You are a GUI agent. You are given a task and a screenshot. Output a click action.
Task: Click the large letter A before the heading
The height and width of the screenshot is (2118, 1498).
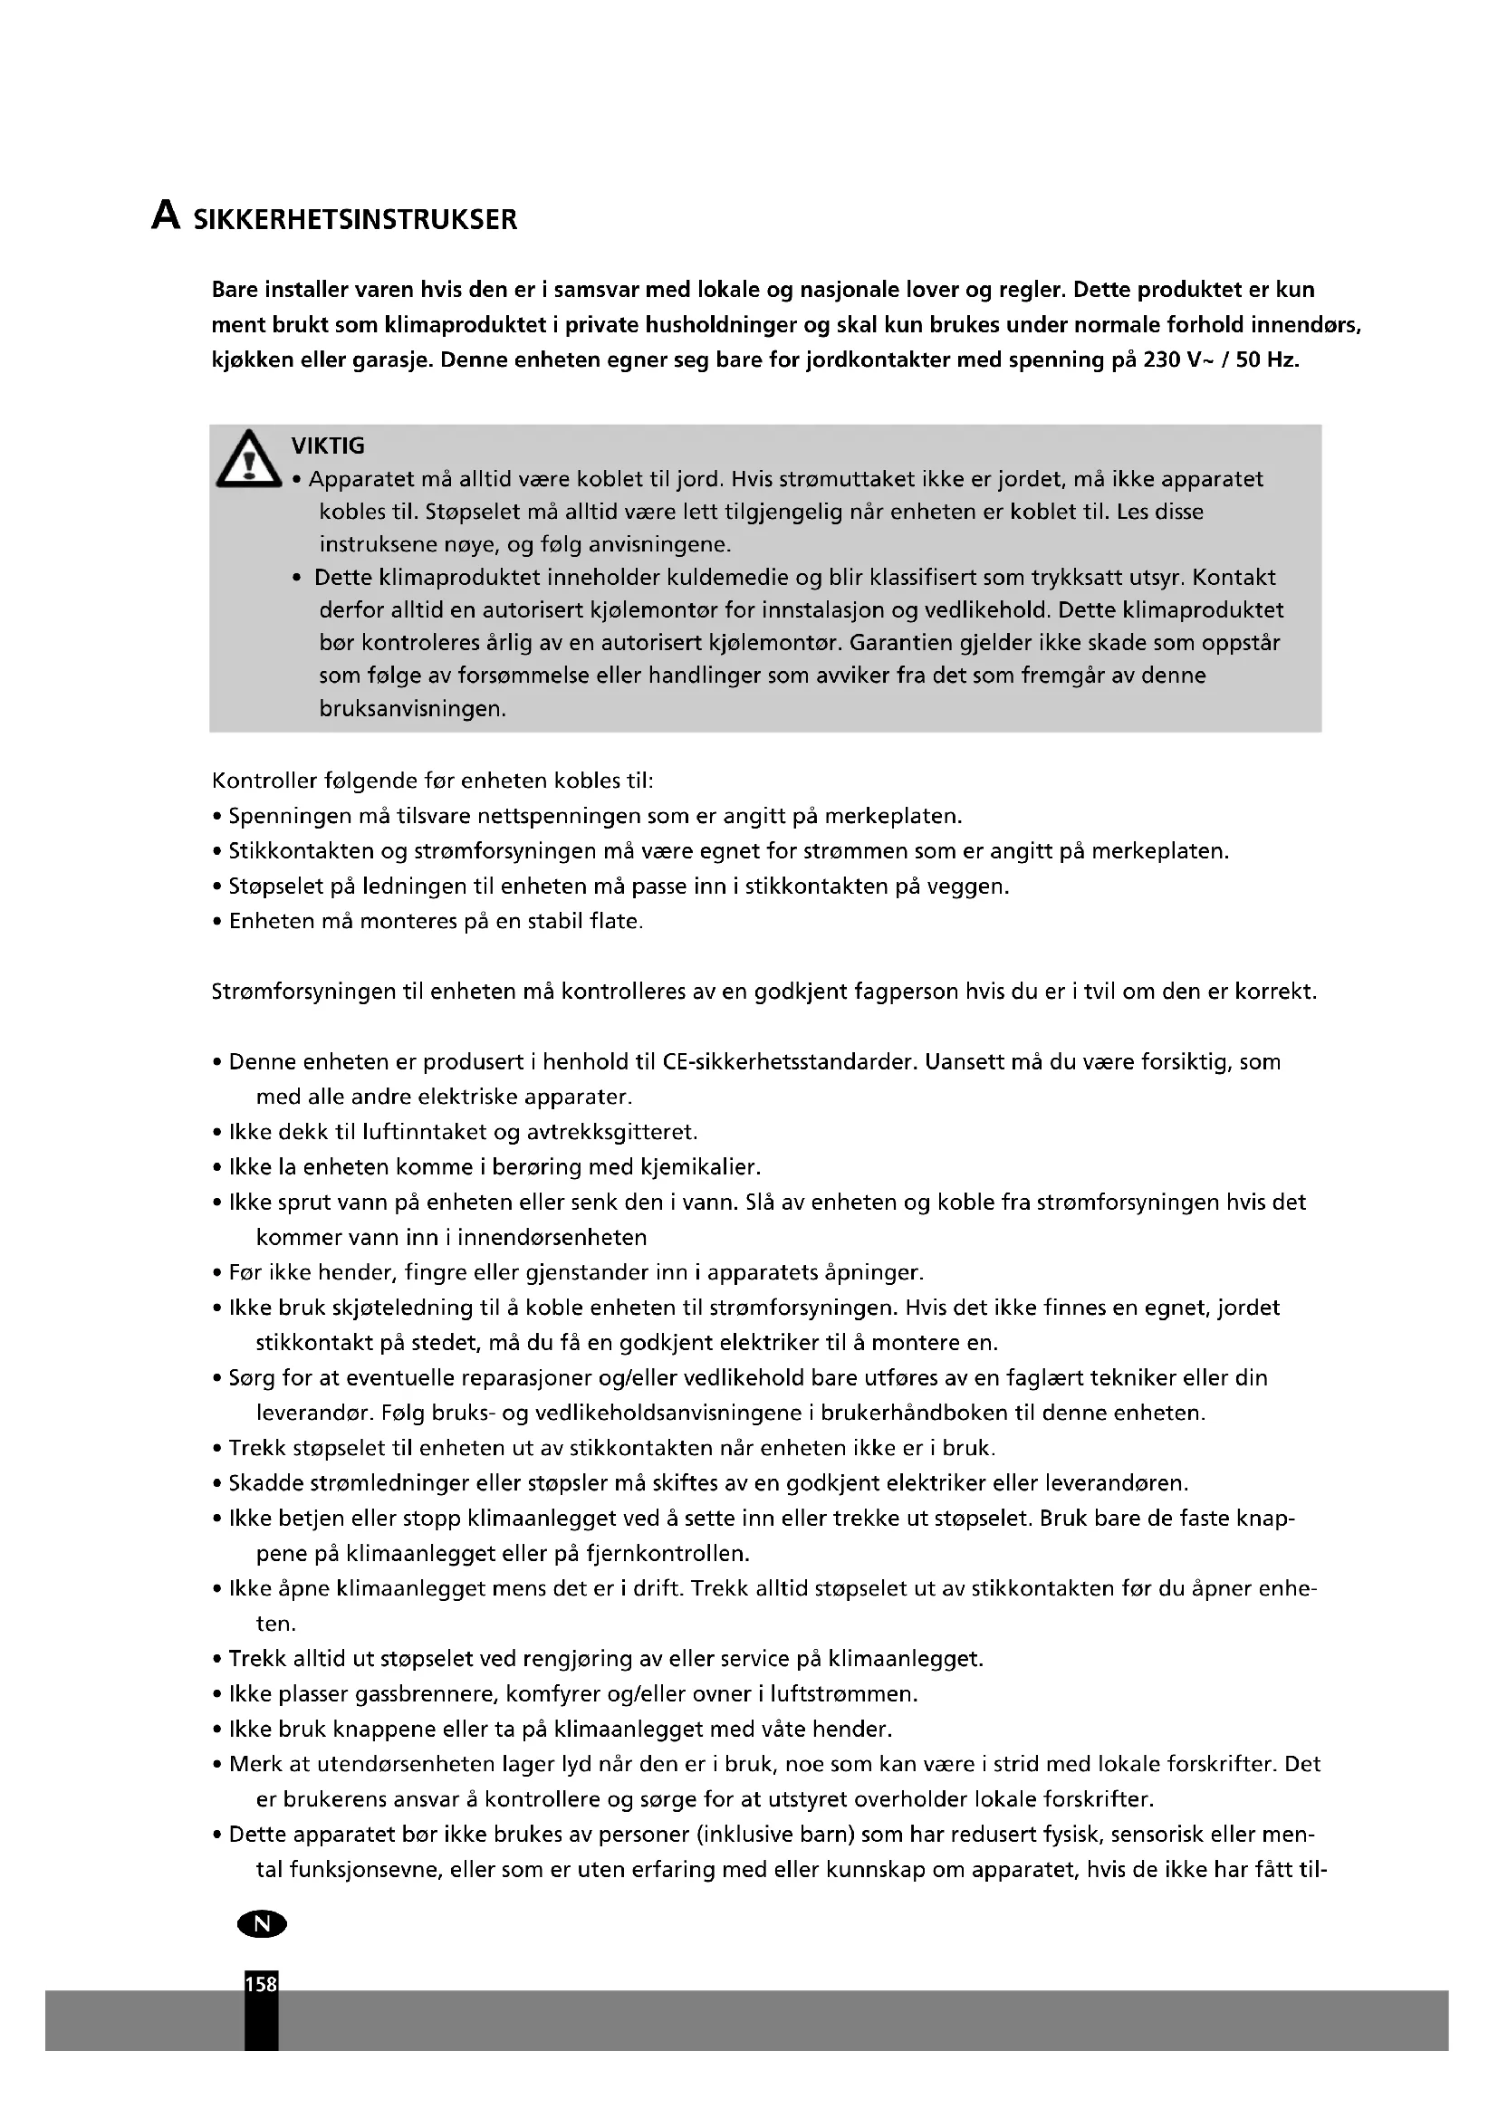pyautogui.click(x=165, y=216)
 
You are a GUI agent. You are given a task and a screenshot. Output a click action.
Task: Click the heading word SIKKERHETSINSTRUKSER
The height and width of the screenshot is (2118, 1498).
pyautogui.click(x=355, y=220)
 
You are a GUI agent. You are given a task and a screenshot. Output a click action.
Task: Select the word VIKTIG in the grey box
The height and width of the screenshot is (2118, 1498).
pyautogui.click(x=328, y=446)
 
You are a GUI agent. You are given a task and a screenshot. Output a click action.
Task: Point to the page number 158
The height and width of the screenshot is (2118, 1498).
pyautogui.click(x=261, y=1983)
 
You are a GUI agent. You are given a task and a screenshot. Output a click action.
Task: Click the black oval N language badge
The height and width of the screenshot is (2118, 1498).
pyautogui.click(x=262, y=1923)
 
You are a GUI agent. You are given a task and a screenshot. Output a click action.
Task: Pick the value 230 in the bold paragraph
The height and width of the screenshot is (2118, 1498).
pyautogui.click(x=1161, y=359)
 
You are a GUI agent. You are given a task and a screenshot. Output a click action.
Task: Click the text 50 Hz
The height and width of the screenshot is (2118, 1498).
pyautogui.click(x=1266, y=359)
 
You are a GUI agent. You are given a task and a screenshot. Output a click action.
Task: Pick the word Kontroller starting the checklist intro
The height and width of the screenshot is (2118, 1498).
pyautogui.click(x=264, y=781)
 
